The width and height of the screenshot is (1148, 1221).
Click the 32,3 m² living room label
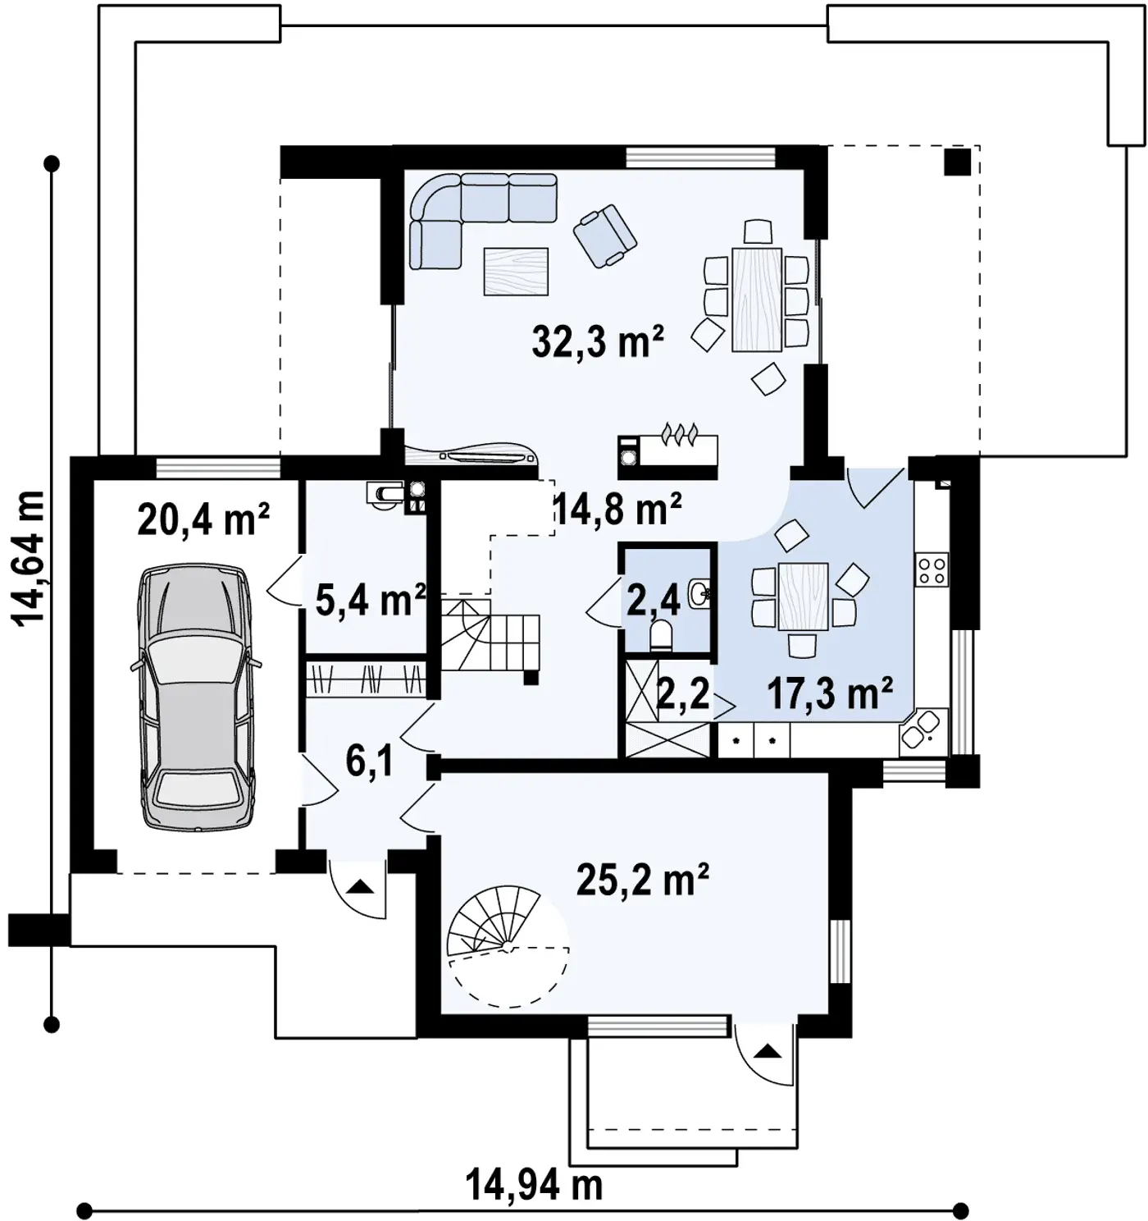(x=597, y=342)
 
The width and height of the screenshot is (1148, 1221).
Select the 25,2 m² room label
(x=642, y=881)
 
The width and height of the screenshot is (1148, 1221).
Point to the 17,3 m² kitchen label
(x=830, y=693)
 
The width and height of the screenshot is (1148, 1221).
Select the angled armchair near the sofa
(x=604, y=236)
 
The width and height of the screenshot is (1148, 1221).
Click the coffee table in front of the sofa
(x=516, y=271)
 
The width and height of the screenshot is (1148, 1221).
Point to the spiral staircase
(x=508, y=945)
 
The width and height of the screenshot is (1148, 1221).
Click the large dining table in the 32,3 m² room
(x=757, y=300)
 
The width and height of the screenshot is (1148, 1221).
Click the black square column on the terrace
(x=958, y=162)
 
